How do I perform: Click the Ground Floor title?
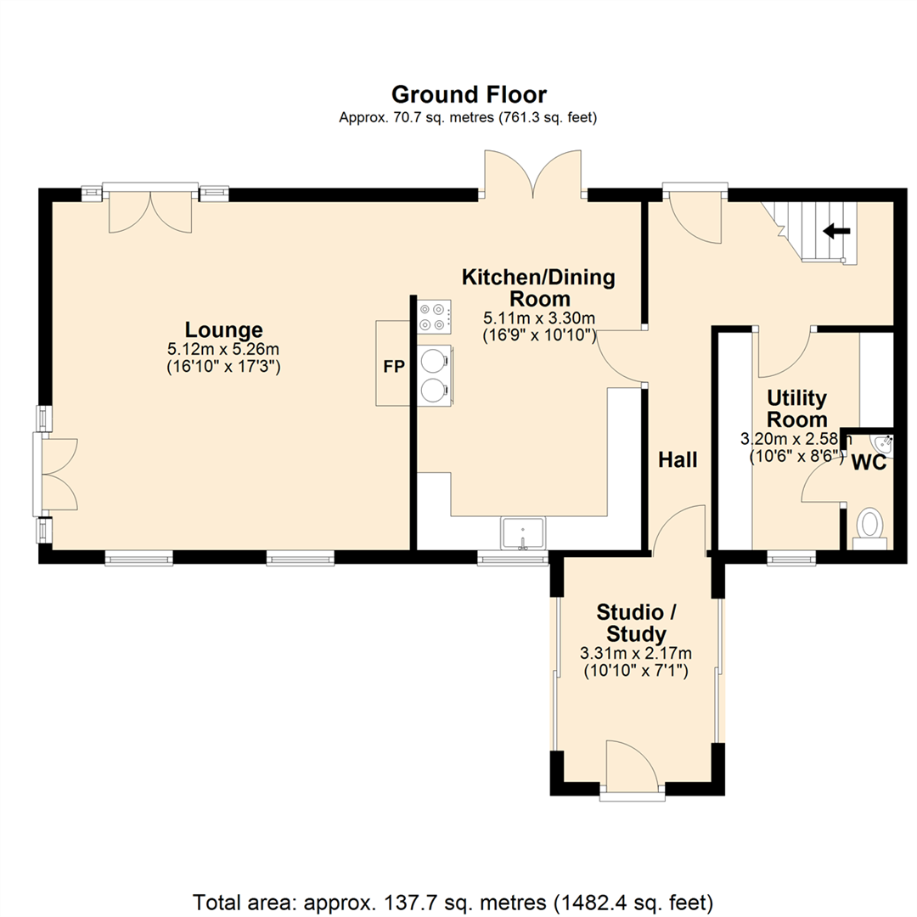pyautogui.click(x=469, y=95)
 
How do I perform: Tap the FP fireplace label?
pyautogui.click(x=394, y=367)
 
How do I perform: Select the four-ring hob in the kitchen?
pyautogui.click(x=434, y=317)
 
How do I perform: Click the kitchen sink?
pyautogui.click(x=522, y=532)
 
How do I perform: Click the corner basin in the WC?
pyautogui.click(x=882, y=444)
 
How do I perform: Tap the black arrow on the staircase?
pyautogui.click(x=837, y=232)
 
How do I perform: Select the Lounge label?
pyautogui.click(x=224, y=329)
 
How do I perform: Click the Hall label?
pyautogui.click(x=678, y=459)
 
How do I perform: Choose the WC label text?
pyautogui.click(x=869, y=463)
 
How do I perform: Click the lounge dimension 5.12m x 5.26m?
pyautogui.click(x=223, y=350)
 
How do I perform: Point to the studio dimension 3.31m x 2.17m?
pyautogui.click(x=636, y=653)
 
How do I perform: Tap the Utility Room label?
pyautogui.click(x=796, y=408)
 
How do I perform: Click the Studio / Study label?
pyautogui.click(x=636, y=623)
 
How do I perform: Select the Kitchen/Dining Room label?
pyautogui.click(x=538, y=287)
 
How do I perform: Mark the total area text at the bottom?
pyautogui.click(x=453, y=903)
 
